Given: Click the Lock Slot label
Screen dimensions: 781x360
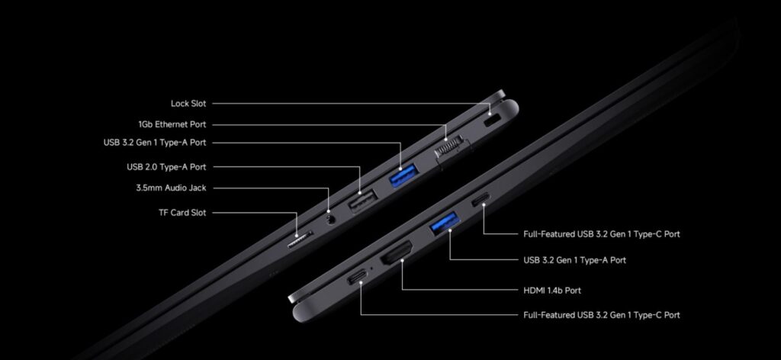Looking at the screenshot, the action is tap(188, 104).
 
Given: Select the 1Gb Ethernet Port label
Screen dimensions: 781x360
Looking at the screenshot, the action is tap(172, 124).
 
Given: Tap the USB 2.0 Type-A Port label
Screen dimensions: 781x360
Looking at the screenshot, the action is tap(166, 167).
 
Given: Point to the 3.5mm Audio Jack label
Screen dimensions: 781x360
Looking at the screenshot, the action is tap(171, 188).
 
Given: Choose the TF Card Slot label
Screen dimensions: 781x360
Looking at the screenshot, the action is tap(182, 213).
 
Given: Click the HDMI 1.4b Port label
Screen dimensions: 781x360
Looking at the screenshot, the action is tap(552, 291).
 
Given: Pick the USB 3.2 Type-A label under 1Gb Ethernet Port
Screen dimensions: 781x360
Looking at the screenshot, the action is tap(154, 143).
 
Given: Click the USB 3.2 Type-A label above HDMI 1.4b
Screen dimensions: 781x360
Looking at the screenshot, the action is tap(574, 260).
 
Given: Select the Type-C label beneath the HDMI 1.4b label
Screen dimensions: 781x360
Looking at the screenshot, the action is tap(601, 315).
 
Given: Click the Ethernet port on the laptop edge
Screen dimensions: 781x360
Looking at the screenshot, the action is tap(452, 149).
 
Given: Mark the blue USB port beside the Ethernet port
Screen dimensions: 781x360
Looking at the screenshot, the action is tap(403, 175).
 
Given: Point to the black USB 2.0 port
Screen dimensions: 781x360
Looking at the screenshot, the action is tap(362, 201).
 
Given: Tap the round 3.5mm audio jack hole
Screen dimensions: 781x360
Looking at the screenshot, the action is tap(329, 219).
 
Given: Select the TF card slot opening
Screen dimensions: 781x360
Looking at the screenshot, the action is tap(300, 239).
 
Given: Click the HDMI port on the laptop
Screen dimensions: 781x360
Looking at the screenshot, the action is tap(397, 252).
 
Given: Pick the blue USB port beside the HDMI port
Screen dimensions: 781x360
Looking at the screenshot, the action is tap(445, 223).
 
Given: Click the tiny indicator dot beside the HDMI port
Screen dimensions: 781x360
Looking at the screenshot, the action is tap(372, 269).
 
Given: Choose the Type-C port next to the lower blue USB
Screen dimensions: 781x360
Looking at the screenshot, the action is tap(480, 199).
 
